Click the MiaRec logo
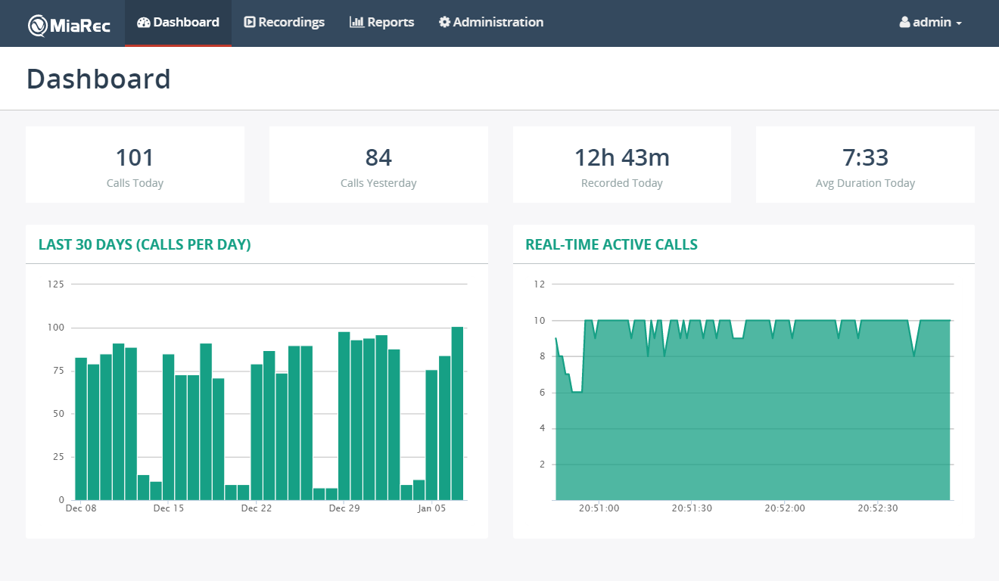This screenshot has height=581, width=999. tap(70, 24)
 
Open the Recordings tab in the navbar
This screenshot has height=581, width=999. tap(285, 23)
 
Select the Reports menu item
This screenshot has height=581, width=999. tap(382, 23)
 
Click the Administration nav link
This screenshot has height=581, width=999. tap(491, 23)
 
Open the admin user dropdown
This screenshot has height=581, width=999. tap(931, 23)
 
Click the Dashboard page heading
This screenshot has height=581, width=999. tap(98, 79)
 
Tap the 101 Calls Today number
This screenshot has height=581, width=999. tap(135, 157)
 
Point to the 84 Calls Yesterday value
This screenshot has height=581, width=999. tap(378, 157)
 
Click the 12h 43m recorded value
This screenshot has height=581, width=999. tap(621, 157)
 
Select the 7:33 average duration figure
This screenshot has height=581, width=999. tap(865, 157)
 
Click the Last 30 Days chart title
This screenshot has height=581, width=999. tap(145, 244)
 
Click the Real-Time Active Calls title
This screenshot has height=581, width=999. tap(612, 244)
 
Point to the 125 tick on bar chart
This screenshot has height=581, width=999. tap(56, 284)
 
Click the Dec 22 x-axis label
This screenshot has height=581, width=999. tap(256, 508)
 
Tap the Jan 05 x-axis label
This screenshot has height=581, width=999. tap(431, 508)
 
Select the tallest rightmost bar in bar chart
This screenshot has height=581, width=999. tap(457, 413)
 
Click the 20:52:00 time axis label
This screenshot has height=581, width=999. tap(785, 508)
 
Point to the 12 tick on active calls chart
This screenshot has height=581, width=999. tap(539, 284)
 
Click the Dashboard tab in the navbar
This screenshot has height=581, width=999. tap(178, 23)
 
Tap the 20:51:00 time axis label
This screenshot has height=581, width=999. tap(599, 508)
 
